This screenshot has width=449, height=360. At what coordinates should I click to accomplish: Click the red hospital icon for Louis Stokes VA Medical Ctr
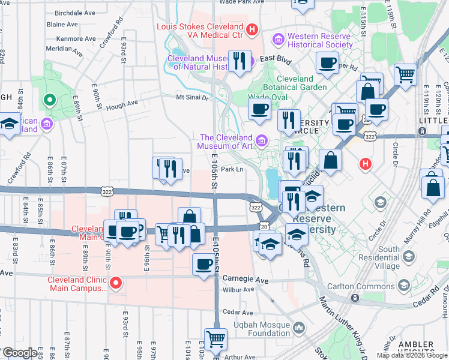pyautogui.click(x=252, y=28)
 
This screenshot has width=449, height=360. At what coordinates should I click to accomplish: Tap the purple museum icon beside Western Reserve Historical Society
pyautogui.click(x=278, y=40)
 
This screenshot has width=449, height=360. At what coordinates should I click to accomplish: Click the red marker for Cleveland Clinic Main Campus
pyautogui.click(x=116, y=281)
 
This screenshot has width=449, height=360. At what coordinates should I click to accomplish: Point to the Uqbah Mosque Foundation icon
pyautogui.click(x=298, y=328)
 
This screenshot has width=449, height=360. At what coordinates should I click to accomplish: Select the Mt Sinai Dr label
pyautogui.click(x=191, y=97)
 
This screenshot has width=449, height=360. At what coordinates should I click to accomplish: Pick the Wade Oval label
pyautogui.click(x=267, y=97)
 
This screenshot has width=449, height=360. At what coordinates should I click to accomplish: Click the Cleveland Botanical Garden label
pyautogui.click(x=302, y=83)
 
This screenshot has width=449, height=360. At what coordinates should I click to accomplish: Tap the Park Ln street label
pyautogui.click(x=232, y=169)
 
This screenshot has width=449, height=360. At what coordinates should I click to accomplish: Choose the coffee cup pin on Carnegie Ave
pyautogui.click(x=204, y=264)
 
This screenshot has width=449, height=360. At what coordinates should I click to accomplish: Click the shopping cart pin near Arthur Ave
pyautogui.click(x=215, y=338)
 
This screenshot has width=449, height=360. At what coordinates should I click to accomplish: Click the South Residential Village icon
pyautogui.click(x=409, y=256)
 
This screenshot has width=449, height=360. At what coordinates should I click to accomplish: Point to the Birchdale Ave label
pyautogui.click(x=74, y=12)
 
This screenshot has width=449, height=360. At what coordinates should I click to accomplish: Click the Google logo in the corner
pyautogui.click(x=19, y=353)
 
